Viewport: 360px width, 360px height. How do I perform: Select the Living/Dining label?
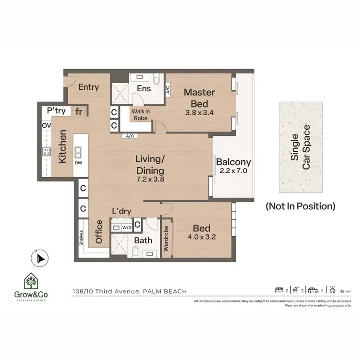150,165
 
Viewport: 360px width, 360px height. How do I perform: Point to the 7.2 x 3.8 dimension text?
150,180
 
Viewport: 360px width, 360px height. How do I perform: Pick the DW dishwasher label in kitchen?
78,163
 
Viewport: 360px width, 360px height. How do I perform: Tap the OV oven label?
47,125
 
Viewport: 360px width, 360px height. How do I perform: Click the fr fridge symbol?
78,111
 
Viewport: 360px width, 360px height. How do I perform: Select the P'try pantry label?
56,111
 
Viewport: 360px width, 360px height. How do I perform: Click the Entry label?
88,87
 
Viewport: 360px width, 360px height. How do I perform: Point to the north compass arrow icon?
38,259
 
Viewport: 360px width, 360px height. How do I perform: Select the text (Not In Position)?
300,206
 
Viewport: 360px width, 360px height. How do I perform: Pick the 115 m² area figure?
345,291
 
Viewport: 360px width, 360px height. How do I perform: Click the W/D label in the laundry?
127,228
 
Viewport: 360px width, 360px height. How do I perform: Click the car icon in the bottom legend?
313,289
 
